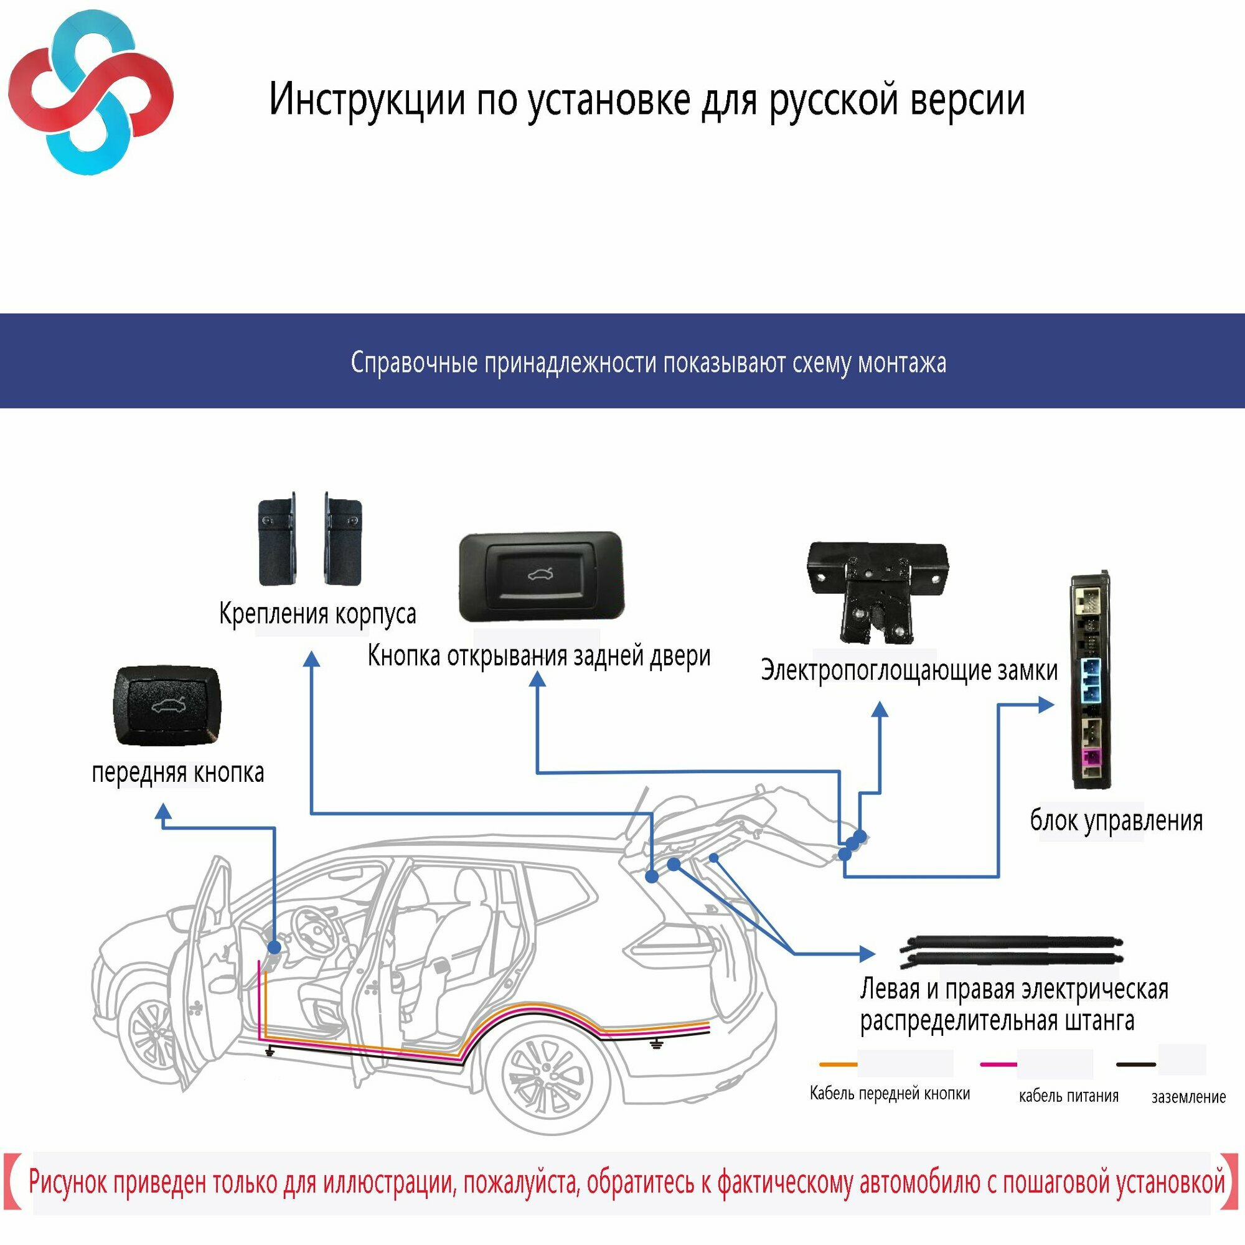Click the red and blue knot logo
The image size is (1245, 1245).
click(x=90, y=93)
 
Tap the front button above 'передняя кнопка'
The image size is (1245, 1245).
click(x=167, y=707)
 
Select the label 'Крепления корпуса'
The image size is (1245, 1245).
click(x=317, y=614)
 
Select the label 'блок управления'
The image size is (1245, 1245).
click(x=1116, y=821)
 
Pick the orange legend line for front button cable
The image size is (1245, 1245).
click(x=838, y=1065)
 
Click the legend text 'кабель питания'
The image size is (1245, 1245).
click(x=1068, y=1096)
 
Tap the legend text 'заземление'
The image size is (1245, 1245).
click(x=1188, y=1097)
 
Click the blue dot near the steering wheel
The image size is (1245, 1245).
click(x=274, y=947)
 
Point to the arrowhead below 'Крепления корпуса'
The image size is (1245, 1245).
click(x=312, y=659)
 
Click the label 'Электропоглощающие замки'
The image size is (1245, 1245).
click(x=909, y=670)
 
